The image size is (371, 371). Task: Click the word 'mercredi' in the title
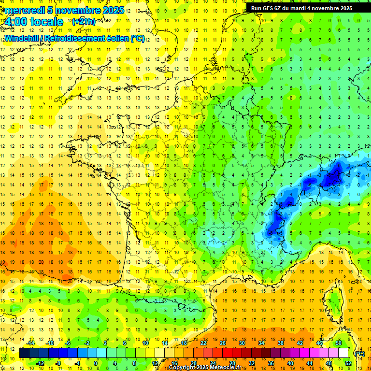pos(24,10)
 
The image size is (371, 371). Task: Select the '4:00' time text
pos(15,22)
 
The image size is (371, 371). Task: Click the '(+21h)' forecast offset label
pos(84,22)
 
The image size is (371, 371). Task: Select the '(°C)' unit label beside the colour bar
pos(359,353)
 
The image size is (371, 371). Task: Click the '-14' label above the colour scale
pos(31,343)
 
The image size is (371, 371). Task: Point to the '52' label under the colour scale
pos(348,363)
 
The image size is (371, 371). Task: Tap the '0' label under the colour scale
pos(96,363)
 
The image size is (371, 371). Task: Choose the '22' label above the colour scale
pos(203,343)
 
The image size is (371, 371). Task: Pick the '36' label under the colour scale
pos(271,363)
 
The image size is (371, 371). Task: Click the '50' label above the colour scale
pos(339,343)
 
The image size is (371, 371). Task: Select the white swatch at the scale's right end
pos(343,353)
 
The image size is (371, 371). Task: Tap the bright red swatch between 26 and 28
pos(227,353)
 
